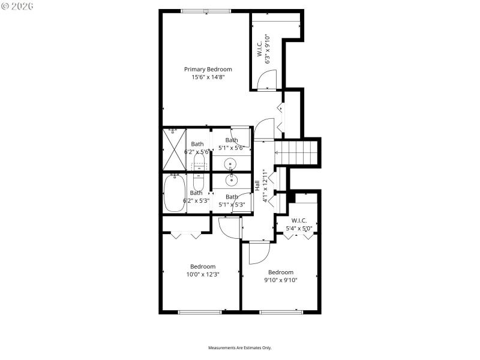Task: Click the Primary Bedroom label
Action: click(x=208, y=69)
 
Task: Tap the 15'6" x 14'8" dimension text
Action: click(x=208, y=77)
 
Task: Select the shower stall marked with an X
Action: click(x=174, y=150)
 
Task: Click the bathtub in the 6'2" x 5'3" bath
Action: click(x=175, y=193)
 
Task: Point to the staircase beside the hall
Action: click(x=298, y=151)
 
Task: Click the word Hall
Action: click(x=257, y=186)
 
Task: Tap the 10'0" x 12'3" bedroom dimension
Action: click(x=203, y=275)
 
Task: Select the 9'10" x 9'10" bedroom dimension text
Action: click(x=281, y=280)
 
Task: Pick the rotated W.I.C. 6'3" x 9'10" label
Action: click(x=263, y=48)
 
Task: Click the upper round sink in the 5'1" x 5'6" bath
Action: click(x=231, y=163)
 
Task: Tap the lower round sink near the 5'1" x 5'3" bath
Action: click(x=231, y=179)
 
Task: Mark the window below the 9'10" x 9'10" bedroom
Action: click(x=280, y=311)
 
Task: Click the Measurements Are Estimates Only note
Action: click(x=239, y=348)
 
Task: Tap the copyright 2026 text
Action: click(x=17, y=6)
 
